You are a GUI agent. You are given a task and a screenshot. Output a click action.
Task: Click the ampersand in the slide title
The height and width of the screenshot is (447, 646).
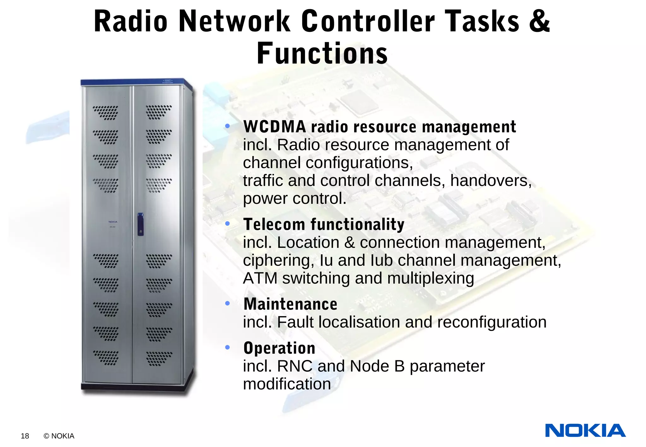tap(539, 21)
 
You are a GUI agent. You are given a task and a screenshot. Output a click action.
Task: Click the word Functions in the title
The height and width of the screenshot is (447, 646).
tap(322, 54)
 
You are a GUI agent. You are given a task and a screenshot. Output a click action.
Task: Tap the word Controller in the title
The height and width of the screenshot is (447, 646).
tap(368, 21)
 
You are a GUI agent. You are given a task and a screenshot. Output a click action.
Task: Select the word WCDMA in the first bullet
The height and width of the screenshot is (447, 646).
tap(274, 127)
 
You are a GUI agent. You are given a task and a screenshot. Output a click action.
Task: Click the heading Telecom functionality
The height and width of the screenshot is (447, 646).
tap(324, 224)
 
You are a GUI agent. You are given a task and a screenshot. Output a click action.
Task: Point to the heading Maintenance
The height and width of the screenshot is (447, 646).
tap(290, 304)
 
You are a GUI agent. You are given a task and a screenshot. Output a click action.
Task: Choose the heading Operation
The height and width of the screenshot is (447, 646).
tap(279, 348)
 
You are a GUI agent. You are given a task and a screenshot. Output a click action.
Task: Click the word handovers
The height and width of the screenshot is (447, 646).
tap(490, 181)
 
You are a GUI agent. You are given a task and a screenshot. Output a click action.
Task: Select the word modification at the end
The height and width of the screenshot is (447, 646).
tap(287, 384)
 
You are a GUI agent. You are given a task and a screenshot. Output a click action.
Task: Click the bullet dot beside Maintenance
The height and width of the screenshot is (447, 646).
tap(227, 303)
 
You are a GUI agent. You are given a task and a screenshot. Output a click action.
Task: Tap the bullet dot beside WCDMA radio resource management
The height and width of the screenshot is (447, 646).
tap(227, 126)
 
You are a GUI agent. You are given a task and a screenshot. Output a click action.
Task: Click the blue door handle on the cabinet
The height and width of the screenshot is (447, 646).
tap(140, 224)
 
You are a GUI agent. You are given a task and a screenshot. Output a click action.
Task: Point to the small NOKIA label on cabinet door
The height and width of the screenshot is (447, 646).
tap(113, 222)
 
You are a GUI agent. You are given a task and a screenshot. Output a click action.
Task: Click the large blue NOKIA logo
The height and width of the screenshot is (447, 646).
tap(585, 431)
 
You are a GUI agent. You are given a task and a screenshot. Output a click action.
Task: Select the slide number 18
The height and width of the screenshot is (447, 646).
tap(25, 436)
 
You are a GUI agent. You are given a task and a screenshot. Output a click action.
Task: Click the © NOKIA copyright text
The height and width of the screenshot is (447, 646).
tap(59, 436)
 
